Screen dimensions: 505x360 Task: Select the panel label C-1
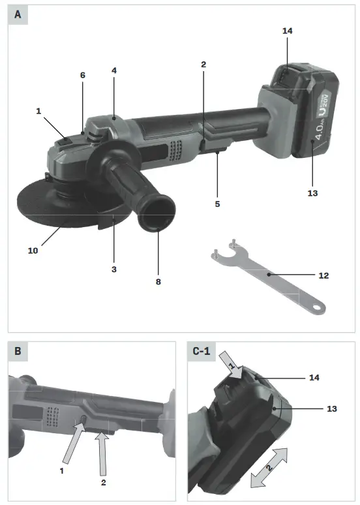click(x=203, y=352)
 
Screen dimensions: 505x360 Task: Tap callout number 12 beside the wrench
click(x=323, y=276)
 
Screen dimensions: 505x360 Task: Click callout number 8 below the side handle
click(x=158, y=282)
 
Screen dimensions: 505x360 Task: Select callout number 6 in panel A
click(x=83, y=75)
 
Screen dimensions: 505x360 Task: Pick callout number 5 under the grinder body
click(x=218, y=204)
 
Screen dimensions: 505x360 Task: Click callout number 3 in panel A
click(x=113, y=269)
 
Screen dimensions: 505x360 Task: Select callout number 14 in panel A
click(x=288, y=31)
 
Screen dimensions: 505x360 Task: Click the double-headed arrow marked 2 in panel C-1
click(x=269, y=467)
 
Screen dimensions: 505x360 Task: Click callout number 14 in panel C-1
click(x=314, y=378)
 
